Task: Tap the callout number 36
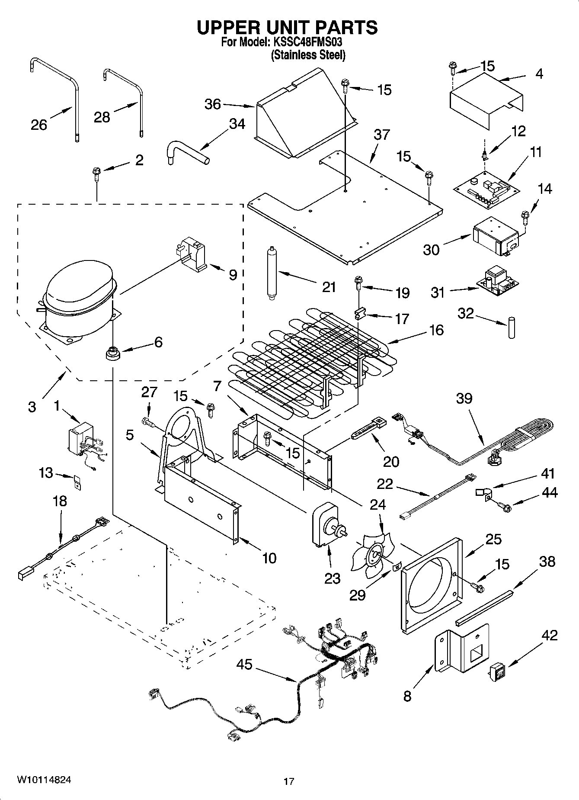click(x=212, y=104)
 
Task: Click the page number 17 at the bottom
click(x=289, y=781)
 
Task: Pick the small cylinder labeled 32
click(x=512, y=328)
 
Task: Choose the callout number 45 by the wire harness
click(x=244, y=664)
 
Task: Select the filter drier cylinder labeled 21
click(x=272, y=273)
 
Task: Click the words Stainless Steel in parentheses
click(x=308, y=55)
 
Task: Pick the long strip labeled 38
click(x=484, y=605)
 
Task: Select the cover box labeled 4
click(x=484, y=100)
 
